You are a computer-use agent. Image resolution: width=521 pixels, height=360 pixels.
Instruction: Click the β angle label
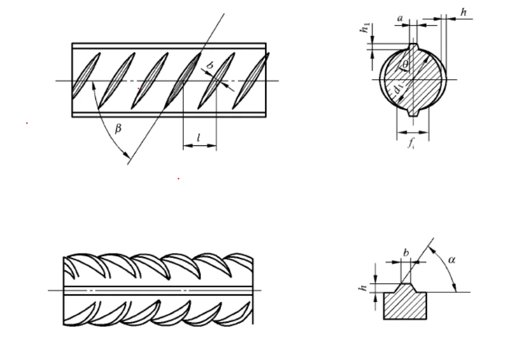[118, 129]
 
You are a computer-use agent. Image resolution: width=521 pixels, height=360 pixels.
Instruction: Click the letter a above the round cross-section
[399, 19]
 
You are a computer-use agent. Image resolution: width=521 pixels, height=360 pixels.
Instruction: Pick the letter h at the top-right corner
[463, 12]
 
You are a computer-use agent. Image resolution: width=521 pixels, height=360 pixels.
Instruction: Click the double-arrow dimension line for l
[199, 147]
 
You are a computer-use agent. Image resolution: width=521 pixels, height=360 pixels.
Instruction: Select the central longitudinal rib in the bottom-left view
[157, 290]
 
